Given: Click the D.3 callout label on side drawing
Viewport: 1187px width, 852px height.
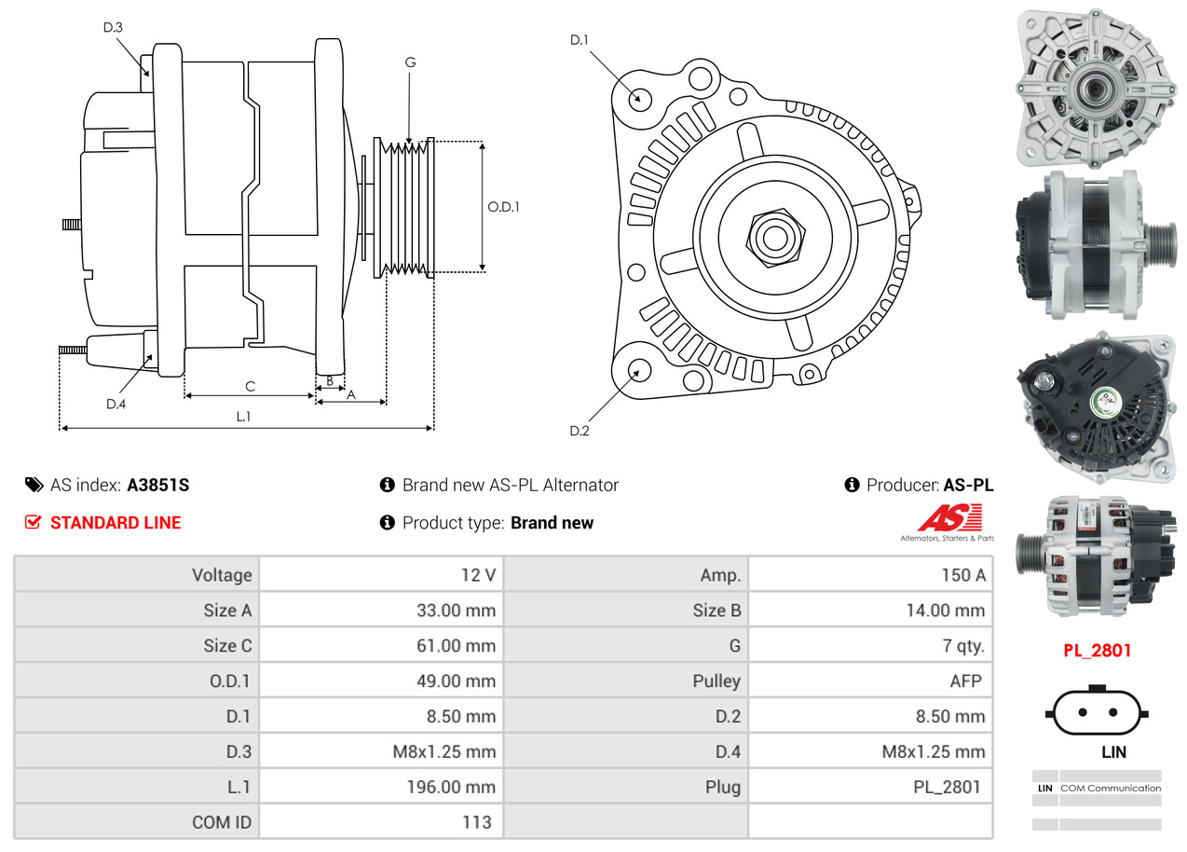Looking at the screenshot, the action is click(x=113, y=27).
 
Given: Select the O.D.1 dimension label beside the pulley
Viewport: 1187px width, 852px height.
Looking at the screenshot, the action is click(x=503, y=207).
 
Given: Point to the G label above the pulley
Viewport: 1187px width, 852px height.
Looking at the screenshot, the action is click(x=410, y=62).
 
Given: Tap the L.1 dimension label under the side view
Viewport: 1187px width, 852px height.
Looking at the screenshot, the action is click(x=243, y=417).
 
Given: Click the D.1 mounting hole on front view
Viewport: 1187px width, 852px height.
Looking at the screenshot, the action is click(x=639, y=98).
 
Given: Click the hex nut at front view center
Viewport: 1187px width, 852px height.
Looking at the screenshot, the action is click(x=773, y=236).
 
